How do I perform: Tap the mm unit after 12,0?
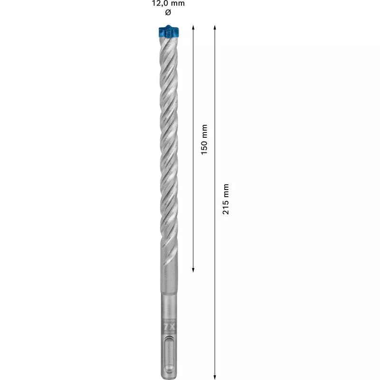[177, 4]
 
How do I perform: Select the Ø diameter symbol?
[168, 12]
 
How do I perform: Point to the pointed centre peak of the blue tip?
[168, 25]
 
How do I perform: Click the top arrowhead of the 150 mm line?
[193, 28]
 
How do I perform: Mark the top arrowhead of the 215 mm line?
[215, 28]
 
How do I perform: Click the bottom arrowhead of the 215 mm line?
[215, 374]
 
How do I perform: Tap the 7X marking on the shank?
[168, 327]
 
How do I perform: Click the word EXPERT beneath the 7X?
[168, 333]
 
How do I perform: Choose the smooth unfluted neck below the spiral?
[168, 278]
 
